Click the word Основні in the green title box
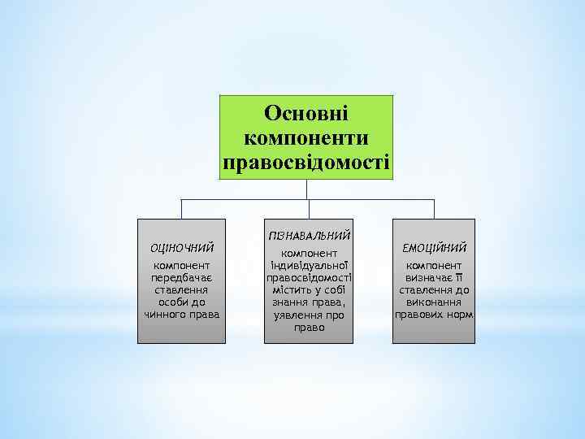tap(306, 112)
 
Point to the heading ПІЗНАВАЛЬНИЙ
tap(307, 235)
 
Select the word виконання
tap(434, 302)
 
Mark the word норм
tap(461, 314)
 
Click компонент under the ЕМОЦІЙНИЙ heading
tap(434, 265)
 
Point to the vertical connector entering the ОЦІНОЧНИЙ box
tap(180, 208)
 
